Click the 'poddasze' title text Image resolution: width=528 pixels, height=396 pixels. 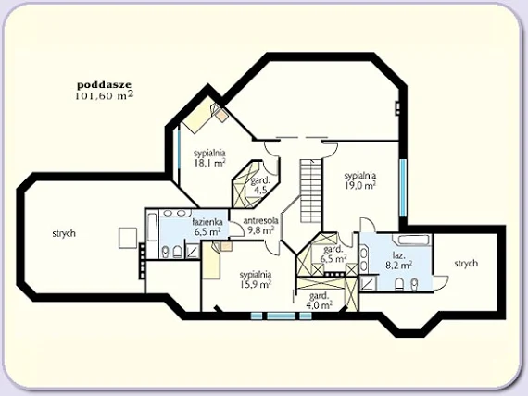point(104,85)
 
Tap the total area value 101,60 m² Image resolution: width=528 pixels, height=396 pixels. point(104,95)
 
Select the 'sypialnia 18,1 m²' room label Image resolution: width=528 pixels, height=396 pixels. point(209,158)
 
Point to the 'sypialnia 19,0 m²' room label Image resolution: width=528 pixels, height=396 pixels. point(360,180)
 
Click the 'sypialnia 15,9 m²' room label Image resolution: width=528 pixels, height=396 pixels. point(256,279)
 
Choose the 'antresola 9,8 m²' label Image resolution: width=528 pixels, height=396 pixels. point(260,226)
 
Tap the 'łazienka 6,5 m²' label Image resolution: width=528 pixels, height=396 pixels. point(207,227)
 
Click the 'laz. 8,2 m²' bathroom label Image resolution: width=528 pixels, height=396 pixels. point(399,259)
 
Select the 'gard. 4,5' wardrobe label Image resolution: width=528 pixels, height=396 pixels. point(258,184)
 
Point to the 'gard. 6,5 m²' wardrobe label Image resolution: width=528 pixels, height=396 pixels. point(334,254)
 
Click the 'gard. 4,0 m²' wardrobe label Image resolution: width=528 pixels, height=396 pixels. point(320,301)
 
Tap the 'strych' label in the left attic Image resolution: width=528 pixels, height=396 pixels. point(64,233)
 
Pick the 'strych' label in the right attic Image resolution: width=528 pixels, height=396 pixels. point(466,263)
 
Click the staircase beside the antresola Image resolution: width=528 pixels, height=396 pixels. point(310,191)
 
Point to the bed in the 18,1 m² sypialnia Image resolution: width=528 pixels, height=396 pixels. point(201,118)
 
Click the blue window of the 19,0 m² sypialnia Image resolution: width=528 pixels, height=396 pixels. point(403,188)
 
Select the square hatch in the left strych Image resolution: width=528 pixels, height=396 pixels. point(128,238)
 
